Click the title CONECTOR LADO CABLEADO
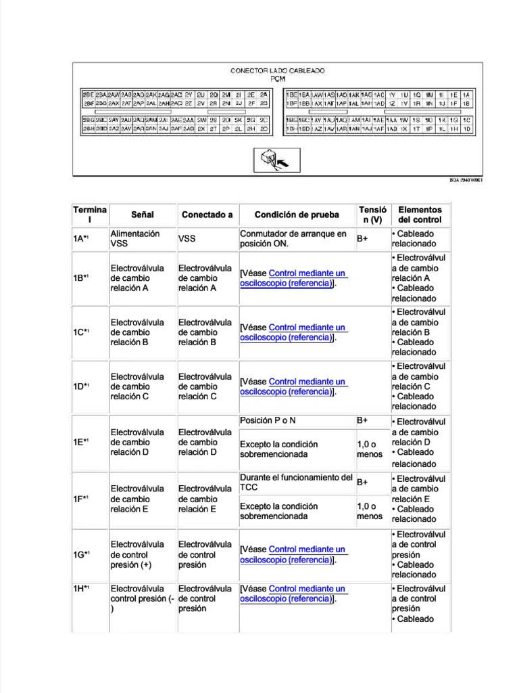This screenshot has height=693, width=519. [x=277, y=70]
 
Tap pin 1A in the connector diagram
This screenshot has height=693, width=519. [x=466, y=95]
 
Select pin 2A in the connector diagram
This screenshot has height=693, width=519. [x=264, y=95]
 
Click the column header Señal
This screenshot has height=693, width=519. [x=142, y=215]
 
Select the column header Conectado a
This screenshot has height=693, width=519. [x=207, y=215]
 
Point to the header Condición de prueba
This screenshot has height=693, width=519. [x=297, y=215]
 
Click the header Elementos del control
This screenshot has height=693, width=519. [x=420, y=215]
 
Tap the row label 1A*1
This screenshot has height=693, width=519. [x=82, y=239]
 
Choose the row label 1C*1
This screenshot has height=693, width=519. [x=82, y=332]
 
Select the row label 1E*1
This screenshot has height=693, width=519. [x=82, y=442]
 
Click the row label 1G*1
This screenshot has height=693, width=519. [x=82, y=554]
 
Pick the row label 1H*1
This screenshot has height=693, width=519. [x=82, y=589]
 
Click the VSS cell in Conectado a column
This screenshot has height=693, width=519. [x=187, y=239]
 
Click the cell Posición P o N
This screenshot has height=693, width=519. [x=268, y=420]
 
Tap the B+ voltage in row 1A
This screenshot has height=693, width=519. [x=363, y=239]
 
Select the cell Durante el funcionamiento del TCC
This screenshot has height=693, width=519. [x=296, y=482]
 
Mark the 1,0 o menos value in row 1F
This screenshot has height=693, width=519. [x=369, y=511]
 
